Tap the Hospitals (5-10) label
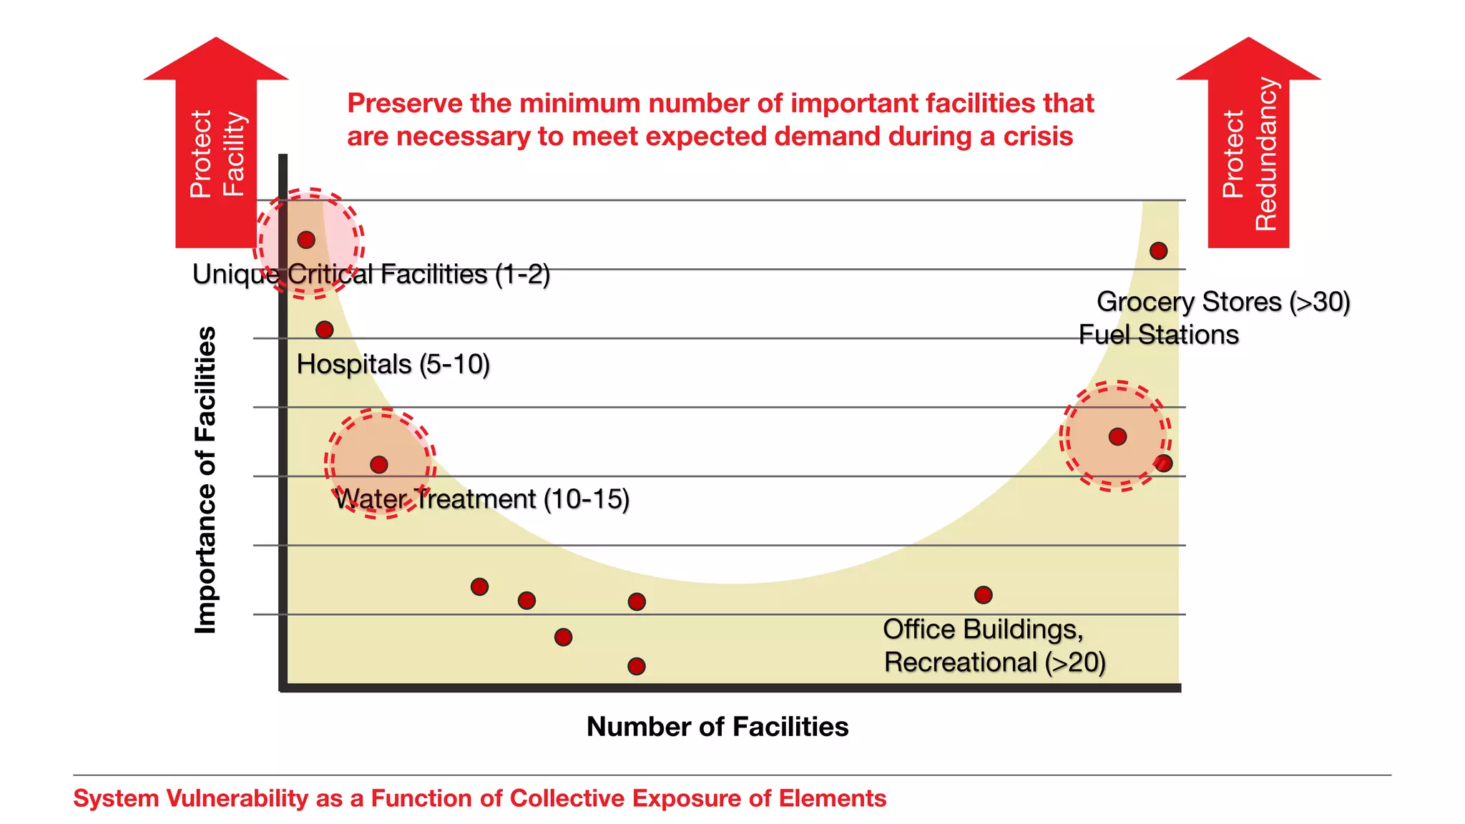point(393,365)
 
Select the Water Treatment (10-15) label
point(481,499)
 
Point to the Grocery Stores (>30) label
point(1223,302)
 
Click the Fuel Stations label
point(1158,335)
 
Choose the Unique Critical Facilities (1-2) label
point(371,275)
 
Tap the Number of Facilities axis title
point(717,727)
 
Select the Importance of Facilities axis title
point(206,480)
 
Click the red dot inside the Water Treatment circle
point(379,465)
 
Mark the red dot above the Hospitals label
point(325,330)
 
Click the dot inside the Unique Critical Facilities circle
point(306,240)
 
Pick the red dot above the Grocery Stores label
point(1158,251)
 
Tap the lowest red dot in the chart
point(637,667)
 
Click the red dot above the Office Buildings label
point(984,594)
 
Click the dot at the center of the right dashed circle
point(1117,436)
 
